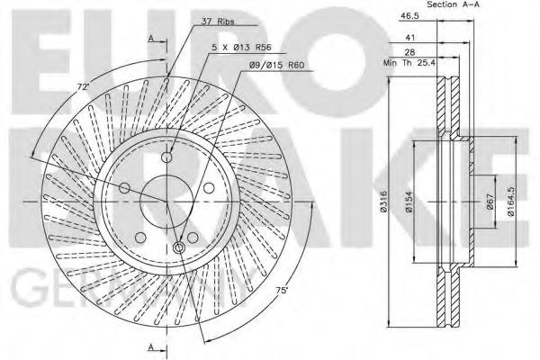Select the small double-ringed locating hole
tap(180, 247)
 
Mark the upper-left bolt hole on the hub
tap(126, 187)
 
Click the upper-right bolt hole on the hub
tap(209, 187)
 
